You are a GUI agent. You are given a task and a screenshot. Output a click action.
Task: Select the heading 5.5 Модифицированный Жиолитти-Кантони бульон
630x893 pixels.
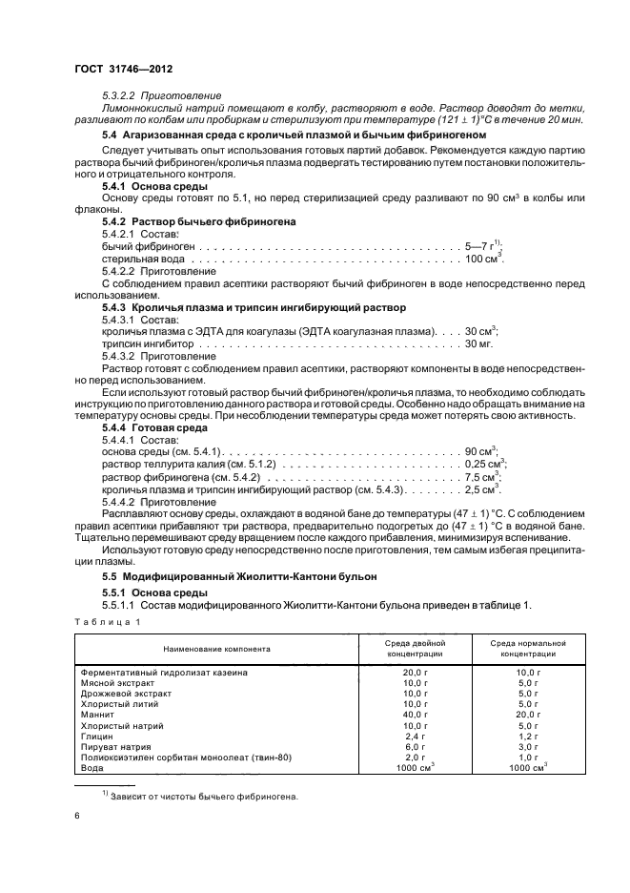pyautogui.click(x=239, y=576)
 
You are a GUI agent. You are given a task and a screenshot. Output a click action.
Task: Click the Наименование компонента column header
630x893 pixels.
pyautogui.click(x=216, y=649)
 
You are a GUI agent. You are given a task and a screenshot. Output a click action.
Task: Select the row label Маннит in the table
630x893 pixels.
pyautogui.click(x=98, y=714)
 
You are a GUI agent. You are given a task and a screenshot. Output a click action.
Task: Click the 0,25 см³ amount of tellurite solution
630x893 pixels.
pyautogui.click(x=484, y=463)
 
